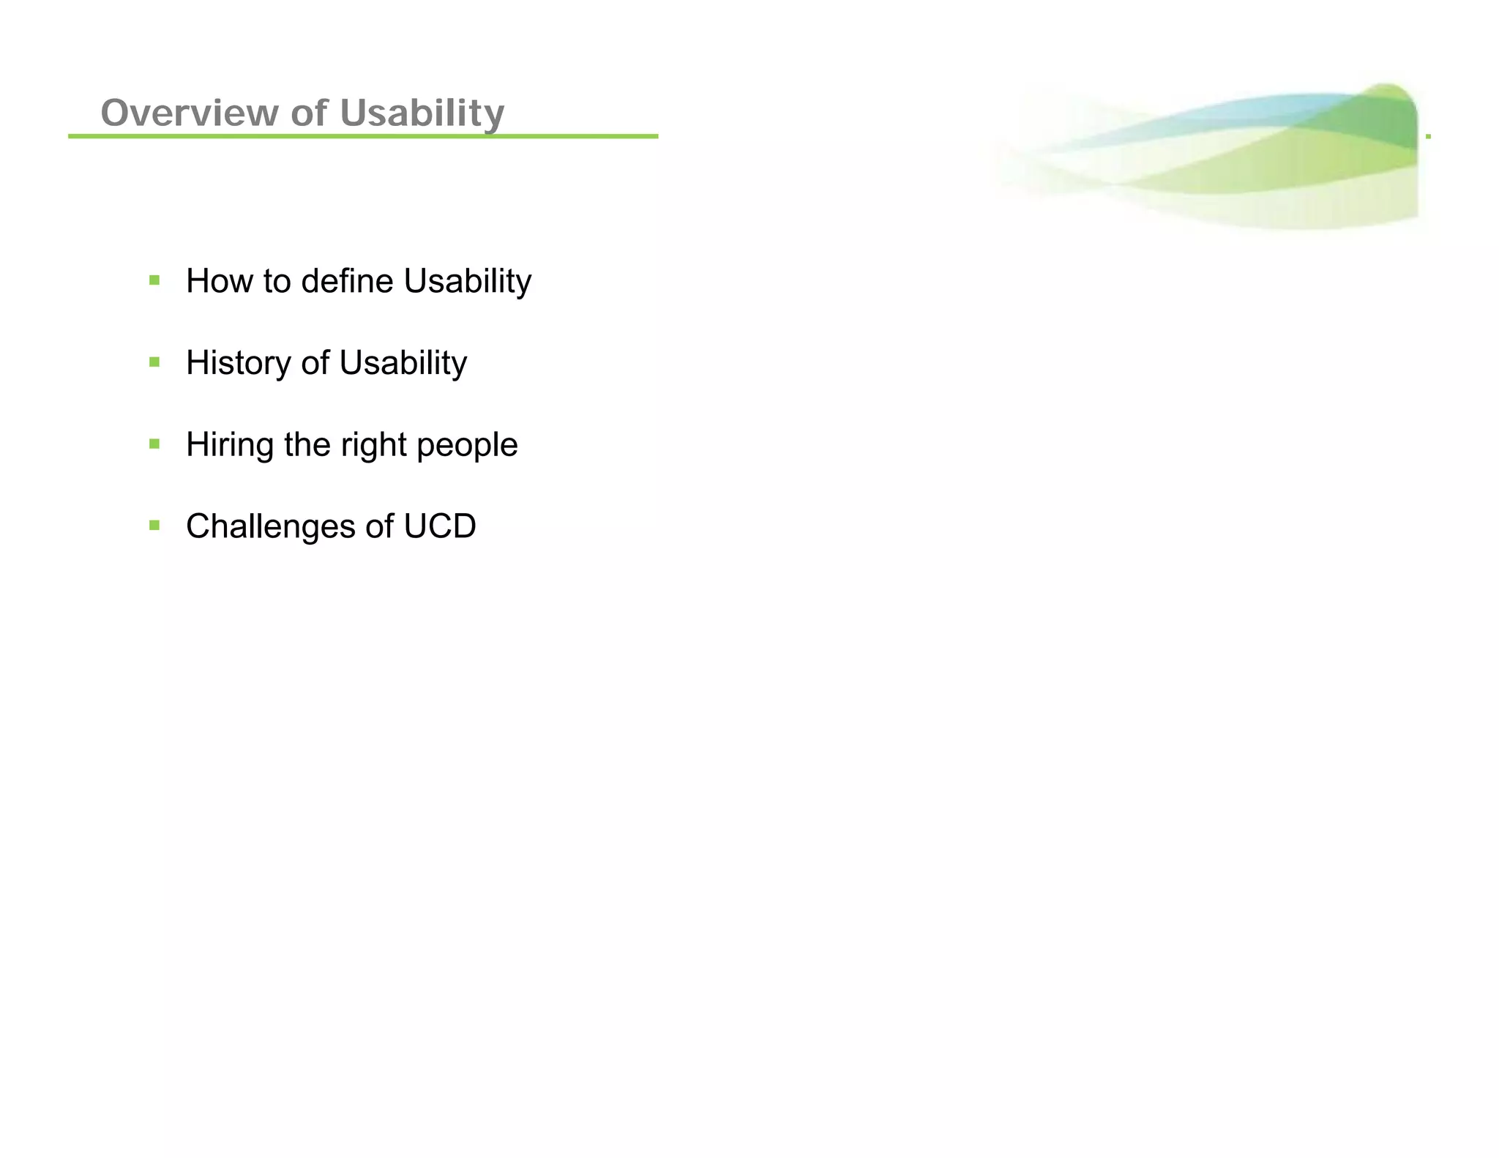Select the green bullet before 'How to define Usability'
[x=154, y=280]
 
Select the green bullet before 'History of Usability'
[x=154, y=362]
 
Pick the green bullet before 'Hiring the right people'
[x=154, y=444]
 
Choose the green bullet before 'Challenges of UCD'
[x=154, y=526]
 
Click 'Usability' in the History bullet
[x=403, y=363]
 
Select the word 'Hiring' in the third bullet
[x=230, y=445]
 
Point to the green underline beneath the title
[x=363, y=136]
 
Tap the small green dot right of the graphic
[x=1428, y=136]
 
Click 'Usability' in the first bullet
[x=467, y=281]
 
